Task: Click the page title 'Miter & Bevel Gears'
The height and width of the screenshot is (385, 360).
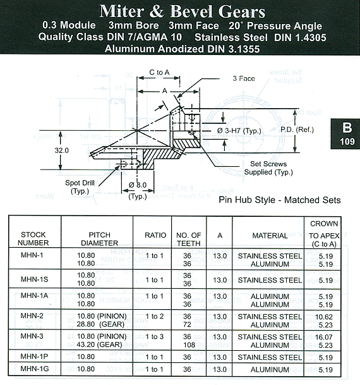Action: click(x=182, y=11)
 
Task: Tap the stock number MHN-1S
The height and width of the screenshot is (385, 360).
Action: click(x=34, y=279)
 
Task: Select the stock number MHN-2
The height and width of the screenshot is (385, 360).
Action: click(x=32, y=315)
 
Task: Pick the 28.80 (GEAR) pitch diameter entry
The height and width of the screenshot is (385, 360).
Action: click(x=100, y=324)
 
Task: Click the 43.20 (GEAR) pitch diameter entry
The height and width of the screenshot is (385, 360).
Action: click(x=99, y=345)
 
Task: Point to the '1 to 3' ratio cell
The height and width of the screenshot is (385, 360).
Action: click(x=155, y=336)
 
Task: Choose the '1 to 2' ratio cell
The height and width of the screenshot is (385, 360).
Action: click(x=155, y=316)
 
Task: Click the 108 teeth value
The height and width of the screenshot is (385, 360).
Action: click(x=189, y=345)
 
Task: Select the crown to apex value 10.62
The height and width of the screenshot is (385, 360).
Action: click(x=324, y=317)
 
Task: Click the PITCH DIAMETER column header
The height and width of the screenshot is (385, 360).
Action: click(x=100, y=239)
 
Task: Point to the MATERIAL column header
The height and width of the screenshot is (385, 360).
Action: click(x=270, y=236)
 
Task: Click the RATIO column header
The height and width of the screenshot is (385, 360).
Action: click(x=155, y=235)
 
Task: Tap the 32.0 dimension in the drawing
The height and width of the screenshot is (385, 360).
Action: click(x=61, y=150)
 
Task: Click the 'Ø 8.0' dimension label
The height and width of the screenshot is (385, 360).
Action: click(x=138, y=185)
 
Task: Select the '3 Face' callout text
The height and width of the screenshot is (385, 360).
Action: click(x=244, y=78)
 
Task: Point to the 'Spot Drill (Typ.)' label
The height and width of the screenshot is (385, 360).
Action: click(x=80, y=187)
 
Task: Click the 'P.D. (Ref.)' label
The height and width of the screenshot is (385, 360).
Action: click(x=297, y=130)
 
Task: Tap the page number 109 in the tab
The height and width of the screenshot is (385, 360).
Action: click(x=347, y=142)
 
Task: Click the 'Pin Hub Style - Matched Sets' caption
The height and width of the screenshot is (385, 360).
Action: click(x=280, y=200)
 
